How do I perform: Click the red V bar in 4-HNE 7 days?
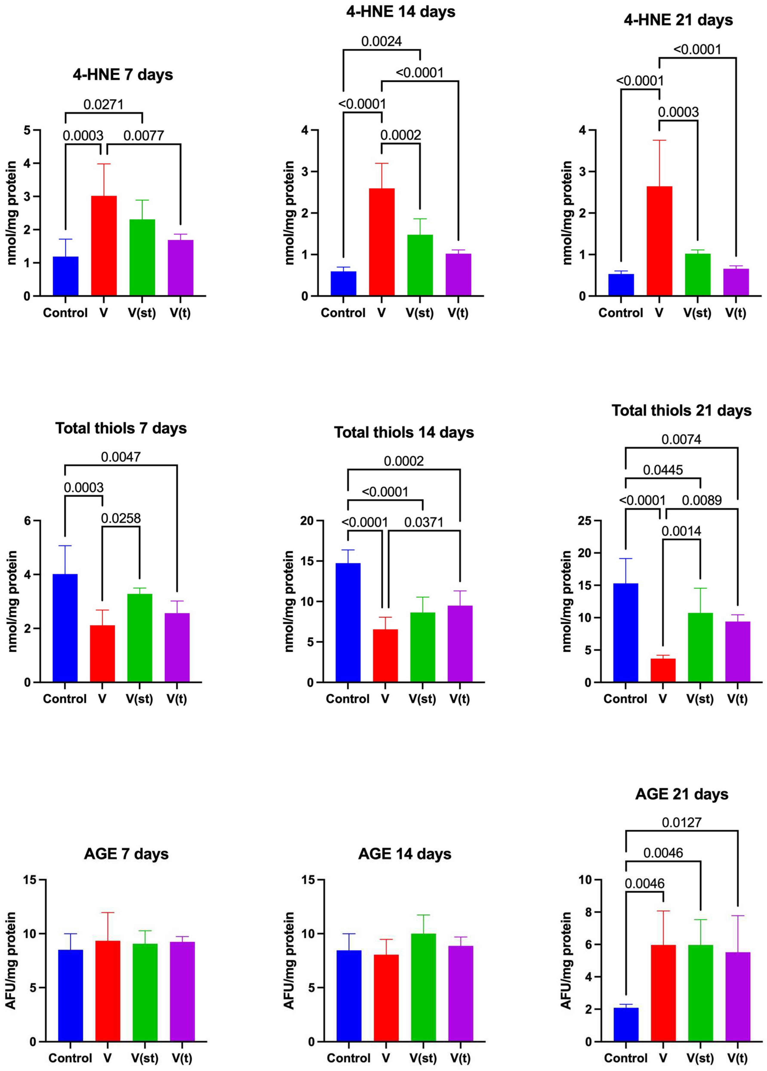coord(104,246)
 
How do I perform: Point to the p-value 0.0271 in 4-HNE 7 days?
coord(103,104)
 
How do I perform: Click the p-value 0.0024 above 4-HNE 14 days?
coord(381,42)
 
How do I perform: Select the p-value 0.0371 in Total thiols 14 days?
coord(424,522)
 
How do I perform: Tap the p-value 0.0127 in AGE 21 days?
coord(682,822)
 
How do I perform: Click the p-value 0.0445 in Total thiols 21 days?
coord(663,470)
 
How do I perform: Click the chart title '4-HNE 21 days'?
coord(678,20)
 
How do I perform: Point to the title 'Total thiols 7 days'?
coord(121,428)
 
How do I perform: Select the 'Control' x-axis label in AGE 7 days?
coord(70,1058)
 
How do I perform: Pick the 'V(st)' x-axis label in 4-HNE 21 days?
coord(697,313)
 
